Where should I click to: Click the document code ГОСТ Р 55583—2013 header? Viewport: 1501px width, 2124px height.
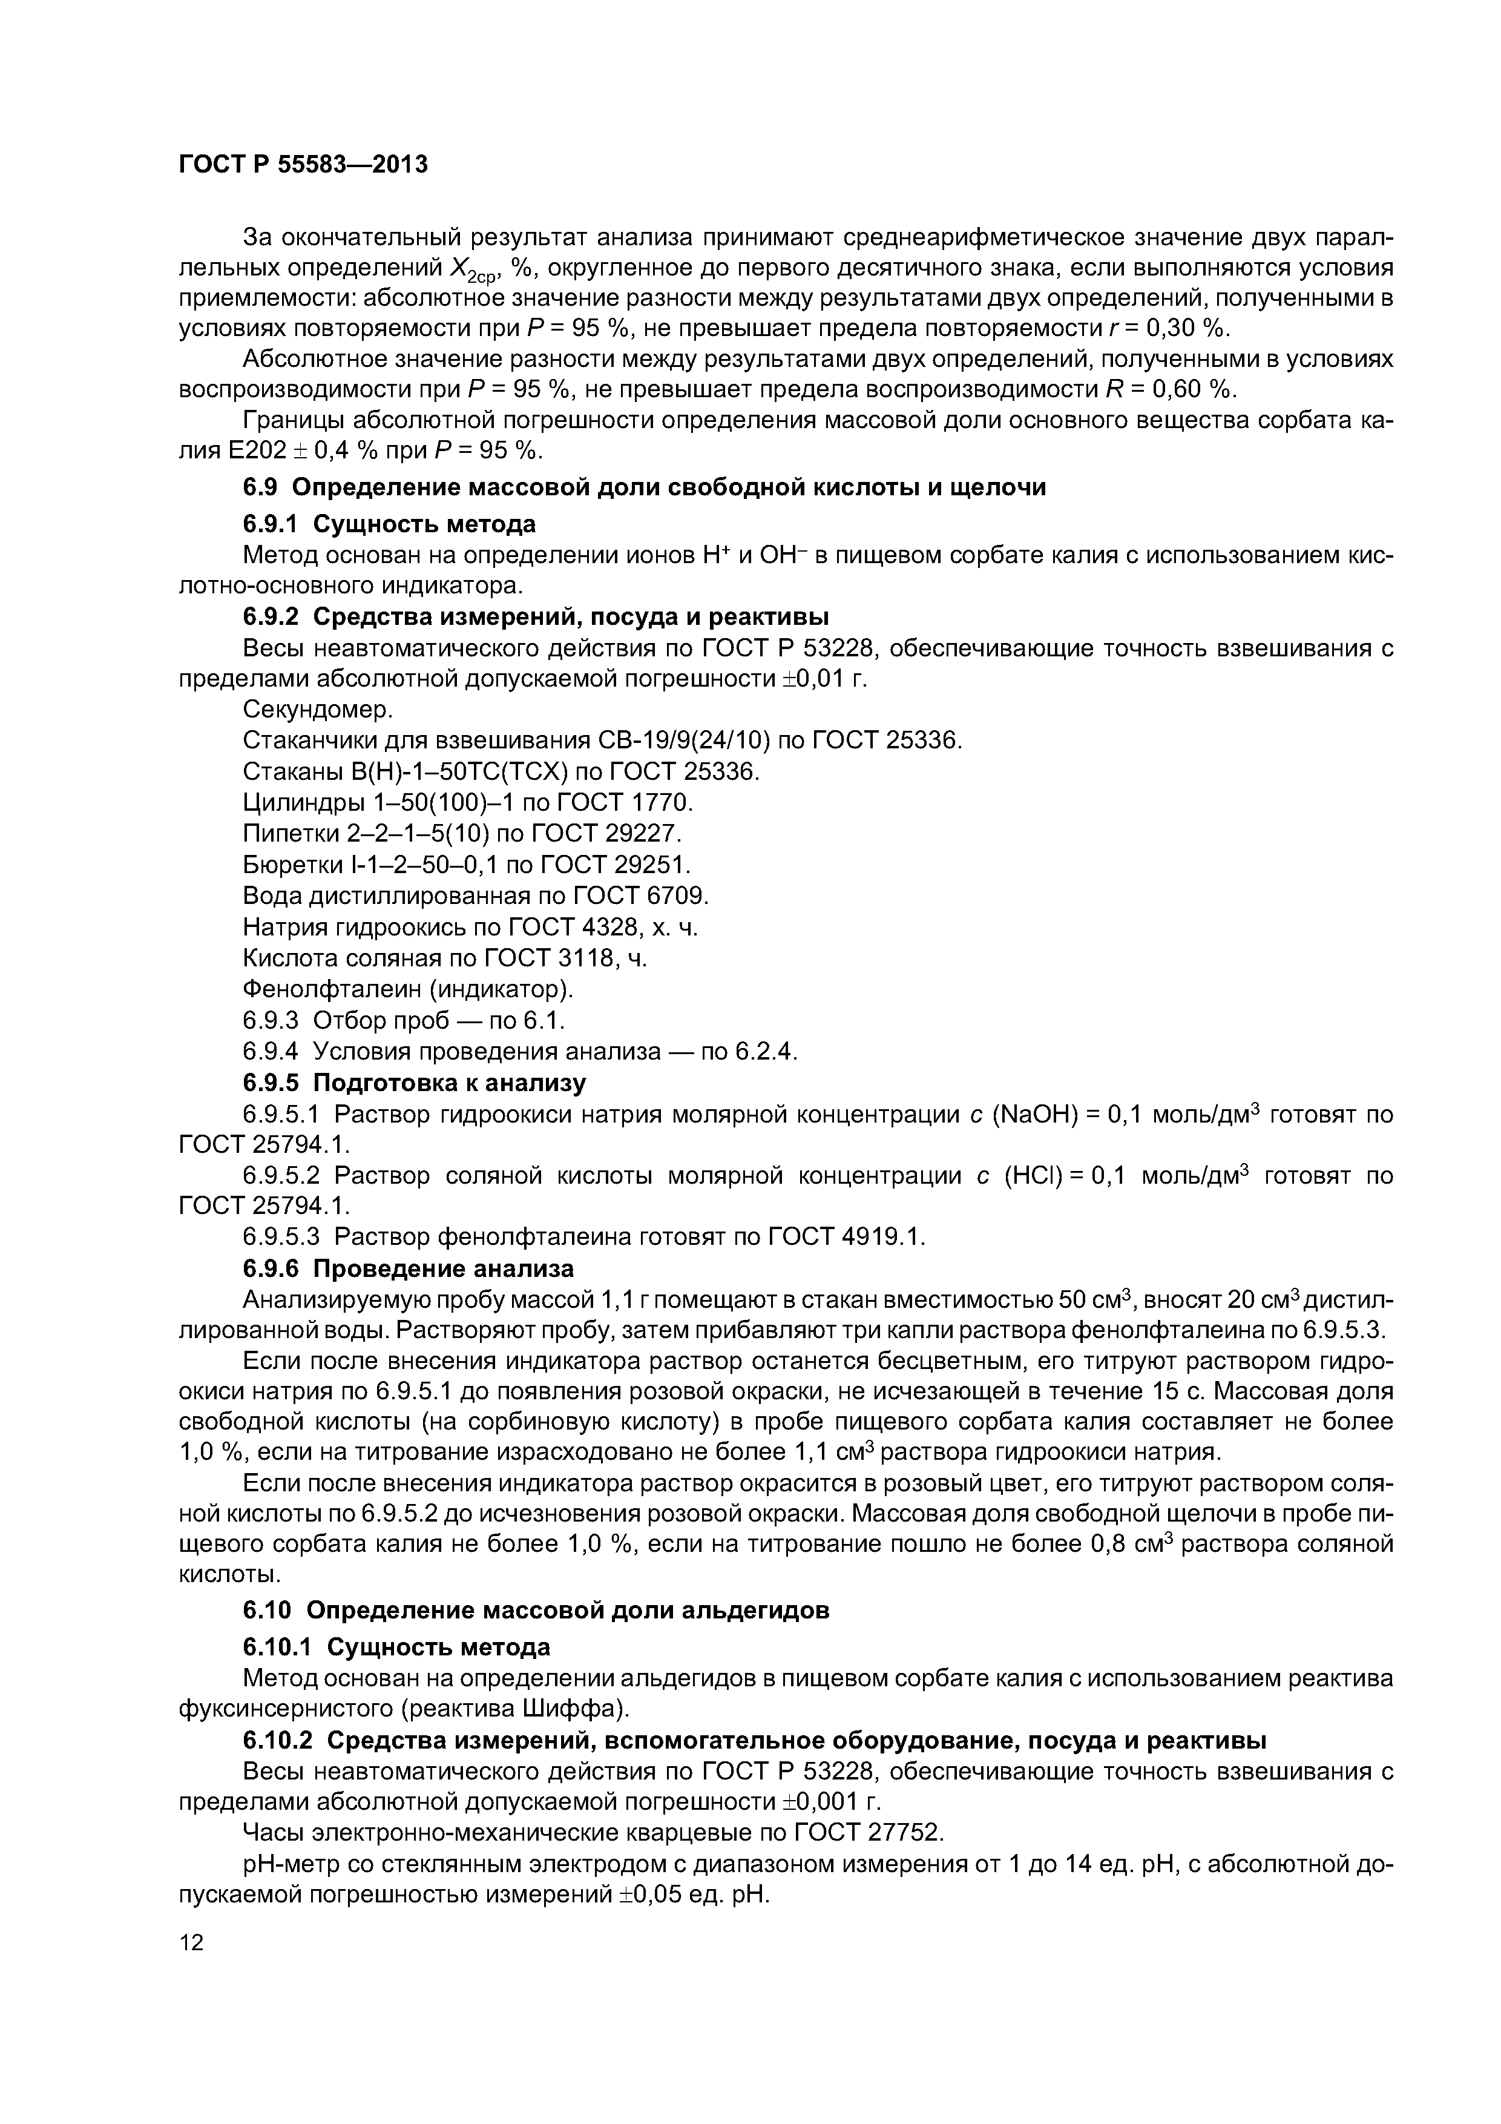point(303,165)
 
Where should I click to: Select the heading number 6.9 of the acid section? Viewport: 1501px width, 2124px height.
point(261,487)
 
